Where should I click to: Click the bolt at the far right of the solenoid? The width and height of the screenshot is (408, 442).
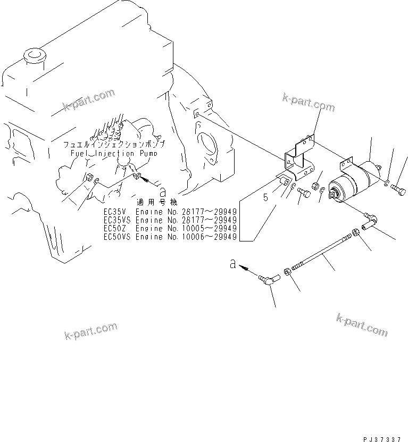coord(398,188)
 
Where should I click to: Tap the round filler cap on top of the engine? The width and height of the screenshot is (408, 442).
coord(35,55)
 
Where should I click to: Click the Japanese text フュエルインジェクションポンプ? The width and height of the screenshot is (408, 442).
coord(114,145)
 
